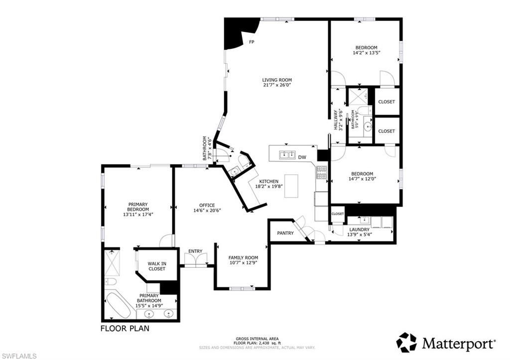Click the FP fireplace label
252,42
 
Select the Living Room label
277,80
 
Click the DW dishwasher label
302,157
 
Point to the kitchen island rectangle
291,186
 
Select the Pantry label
285,233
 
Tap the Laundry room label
359,230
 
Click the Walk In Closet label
156,266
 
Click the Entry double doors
195,259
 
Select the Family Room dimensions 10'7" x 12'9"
243,263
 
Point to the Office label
207,205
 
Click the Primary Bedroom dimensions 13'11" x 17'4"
138,215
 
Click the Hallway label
336,120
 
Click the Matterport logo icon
406,343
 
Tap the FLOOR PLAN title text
125,329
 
